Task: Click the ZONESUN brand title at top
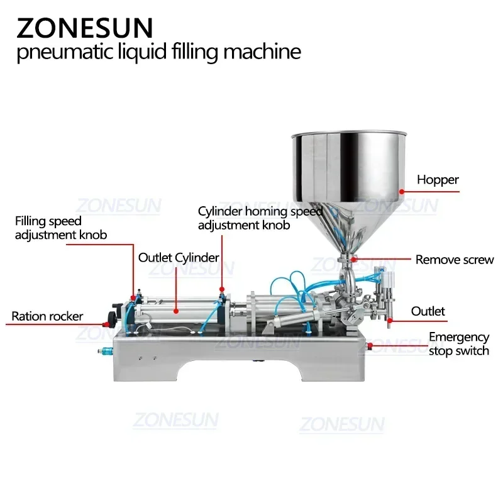tap(84, 28)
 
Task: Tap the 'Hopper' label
tap(438, 180)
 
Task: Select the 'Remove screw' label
tap(455, 259)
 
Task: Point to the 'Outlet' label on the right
tap(428, 311)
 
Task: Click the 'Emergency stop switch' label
tap(458, 344)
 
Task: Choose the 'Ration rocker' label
tap(47, 316)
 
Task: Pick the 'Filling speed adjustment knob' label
tap(61, 228)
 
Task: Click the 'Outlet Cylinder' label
tap(179, 257)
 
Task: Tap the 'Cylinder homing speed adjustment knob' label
tap(260, 218)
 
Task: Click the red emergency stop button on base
tap(370, 345)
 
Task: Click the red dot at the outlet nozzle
tap(390, 321)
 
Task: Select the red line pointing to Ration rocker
tap(94, 316)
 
